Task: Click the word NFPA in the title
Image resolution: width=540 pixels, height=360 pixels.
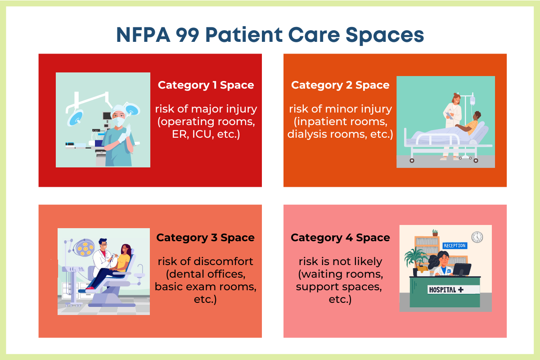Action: [143, 35]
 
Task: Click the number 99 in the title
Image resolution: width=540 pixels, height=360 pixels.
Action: [187, 35]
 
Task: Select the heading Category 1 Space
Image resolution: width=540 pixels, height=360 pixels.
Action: [206, 85]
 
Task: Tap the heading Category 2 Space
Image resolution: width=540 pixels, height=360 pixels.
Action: [340, 85]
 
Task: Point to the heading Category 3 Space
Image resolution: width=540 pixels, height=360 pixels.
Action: [205, 238]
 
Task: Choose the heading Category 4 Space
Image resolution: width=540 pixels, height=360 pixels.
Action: [340, 238]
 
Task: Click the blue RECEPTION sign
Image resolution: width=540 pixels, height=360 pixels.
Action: [454, 246]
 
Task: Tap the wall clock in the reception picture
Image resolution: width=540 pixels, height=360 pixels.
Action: [477, 237]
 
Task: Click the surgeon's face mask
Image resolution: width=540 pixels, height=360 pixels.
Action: [119, 122]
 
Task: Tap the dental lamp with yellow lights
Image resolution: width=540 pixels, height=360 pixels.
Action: [84, 247]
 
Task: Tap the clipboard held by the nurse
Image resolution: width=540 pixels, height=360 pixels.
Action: [449, 116]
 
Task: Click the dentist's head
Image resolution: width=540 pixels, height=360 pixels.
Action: [103, 244]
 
